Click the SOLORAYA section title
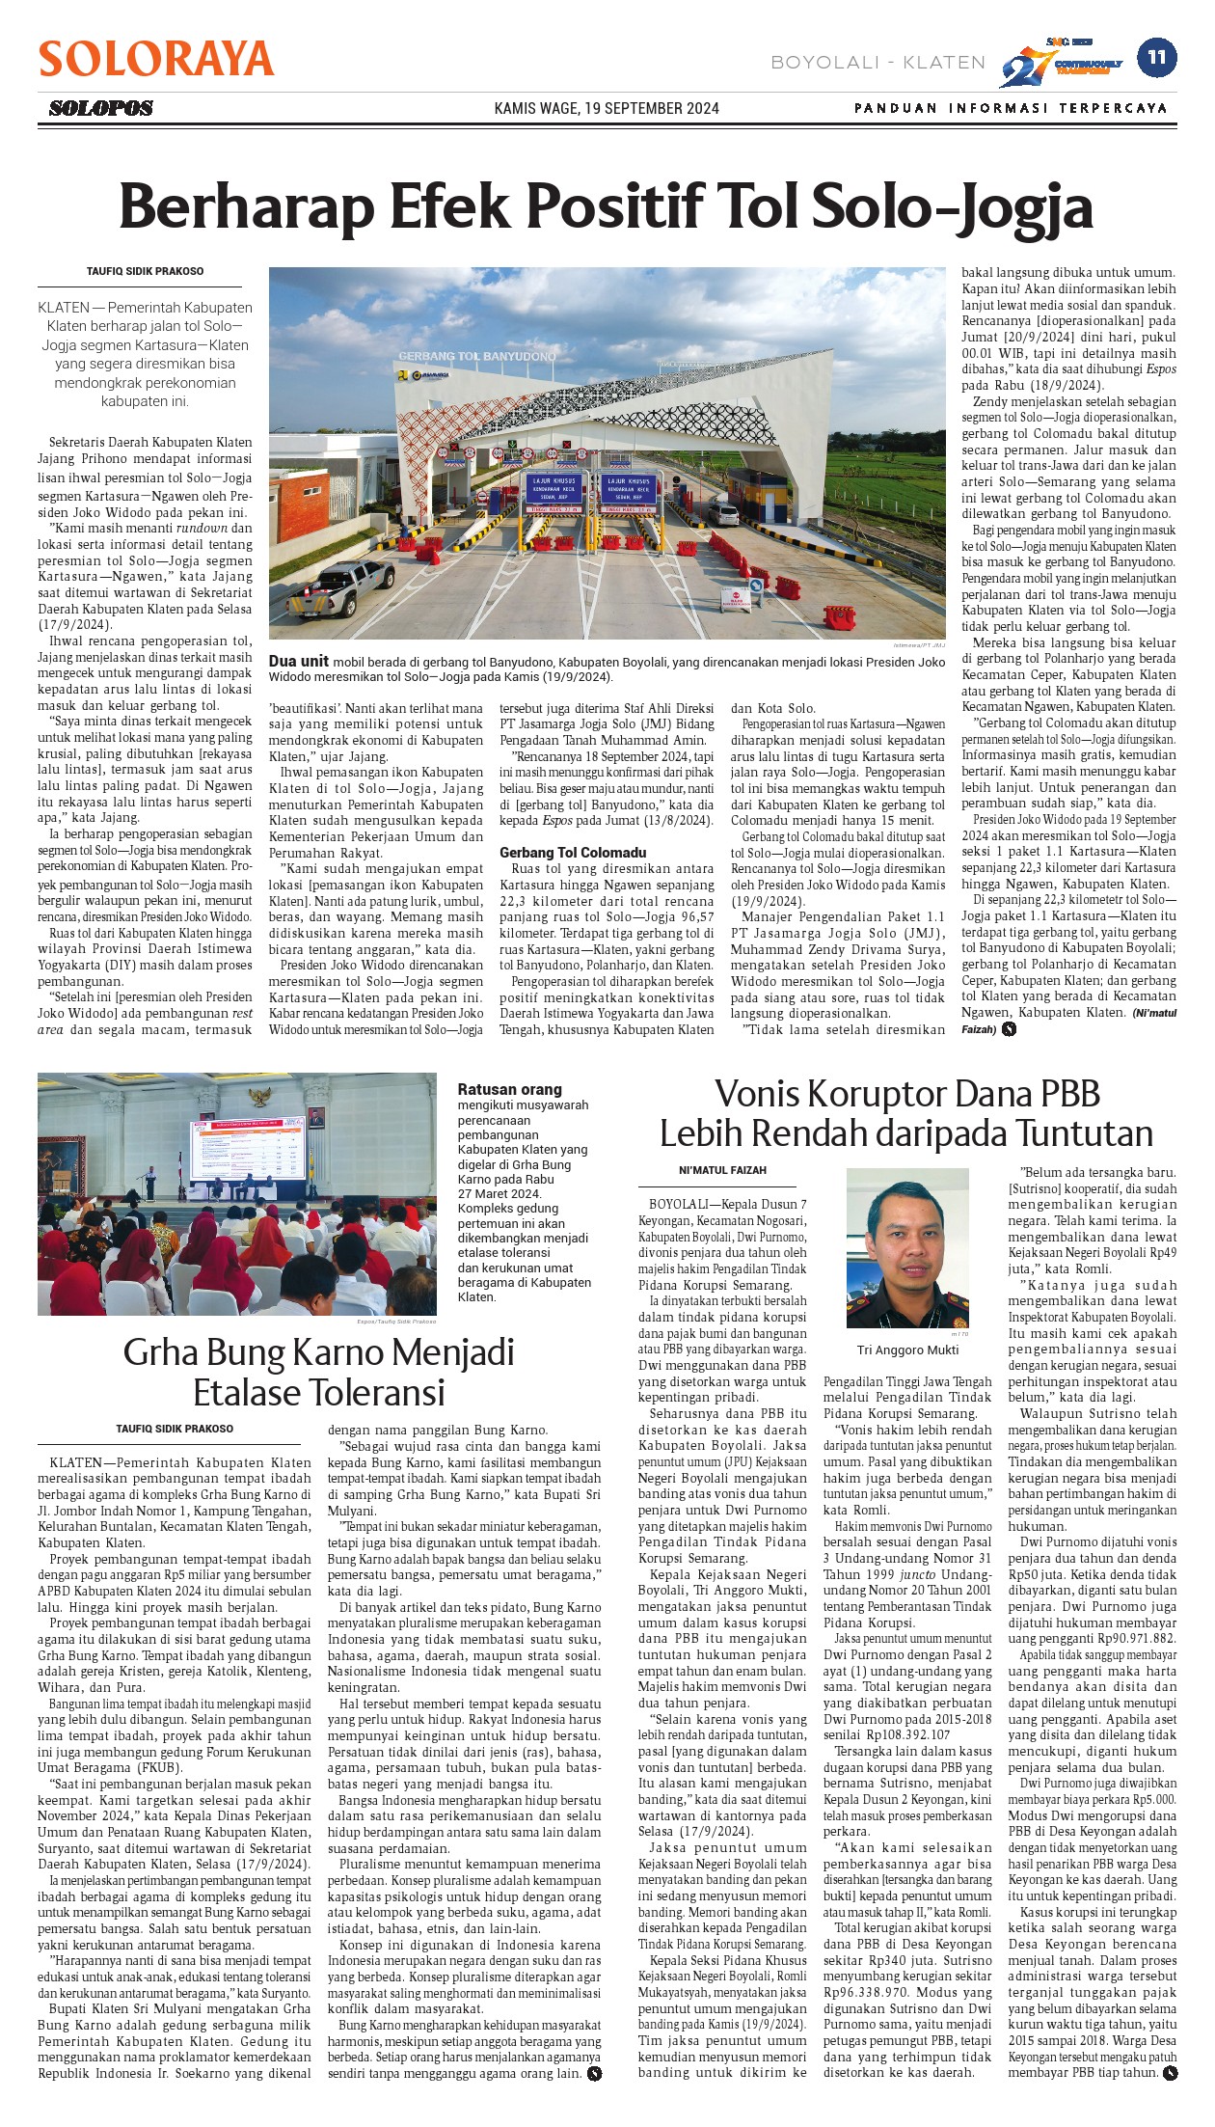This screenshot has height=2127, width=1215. pyautogui.click(x=156, y=60)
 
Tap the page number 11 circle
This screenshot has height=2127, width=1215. pyautogui.click(x=1156, y=58)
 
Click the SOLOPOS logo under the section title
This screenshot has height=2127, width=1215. pyautogui.click(x=101, y=108)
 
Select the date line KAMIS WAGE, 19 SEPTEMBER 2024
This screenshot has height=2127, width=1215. pyautogui.click(x=607, y=108)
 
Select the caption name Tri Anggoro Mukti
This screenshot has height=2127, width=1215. pyautogui.click(x=907, y=1350)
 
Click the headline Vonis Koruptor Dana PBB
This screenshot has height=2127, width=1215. pyautogui.click(x=906, y=1094)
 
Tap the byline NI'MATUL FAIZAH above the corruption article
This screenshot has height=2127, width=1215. pyautogui.click(x=722, y=1170)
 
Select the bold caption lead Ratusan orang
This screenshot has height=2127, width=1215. pyautogui.click(x=509, y=1089)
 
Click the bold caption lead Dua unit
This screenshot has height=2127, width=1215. pyautogui.click(x=298, y=661)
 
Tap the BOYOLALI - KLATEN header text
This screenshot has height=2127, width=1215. pyautogui.click(x=877, y=63)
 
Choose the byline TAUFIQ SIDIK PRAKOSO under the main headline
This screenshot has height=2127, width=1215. pyautogui.click(x=145, y=271)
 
